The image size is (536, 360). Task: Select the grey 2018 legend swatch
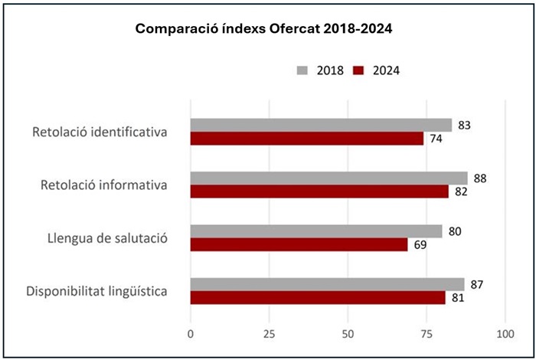pos(302,70)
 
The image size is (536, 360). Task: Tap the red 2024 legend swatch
pos(358,70)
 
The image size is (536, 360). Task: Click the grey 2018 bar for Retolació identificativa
pos(321,125)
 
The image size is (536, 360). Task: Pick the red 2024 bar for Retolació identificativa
pos(306,139)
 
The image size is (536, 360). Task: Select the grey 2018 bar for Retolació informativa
pos(328,178)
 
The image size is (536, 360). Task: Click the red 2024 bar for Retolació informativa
pos(319,191)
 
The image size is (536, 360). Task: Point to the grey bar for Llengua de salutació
pos(316,231)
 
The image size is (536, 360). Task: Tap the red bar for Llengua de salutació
pos(299,245)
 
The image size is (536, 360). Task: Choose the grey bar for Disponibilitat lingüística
pos(327,284)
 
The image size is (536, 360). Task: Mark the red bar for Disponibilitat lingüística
pos(318,298)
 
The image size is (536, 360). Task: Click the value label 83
pos(464,125)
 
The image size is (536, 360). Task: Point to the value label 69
pos(420,245)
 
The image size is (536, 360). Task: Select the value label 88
pos(480,178)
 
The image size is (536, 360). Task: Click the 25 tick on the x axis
pos(269,334)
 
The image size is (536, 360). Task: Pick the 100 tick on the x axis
pos(505,334)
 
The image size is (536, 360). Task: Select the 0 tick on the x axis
pos(191,334)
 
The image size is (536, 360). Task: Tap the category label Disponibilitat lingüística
pos(97,291)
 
